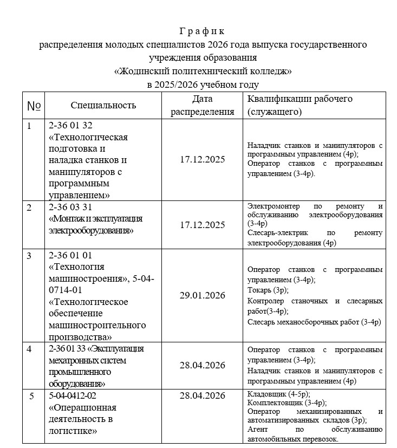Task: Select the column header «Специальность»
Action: coord(103,105)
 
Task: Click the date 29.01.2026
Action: coord(203,295)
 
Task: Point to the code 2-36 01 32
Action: coord(71,126)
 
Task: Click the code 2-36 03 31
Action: coord(71,207)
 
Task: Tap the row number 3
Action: coord(29,256)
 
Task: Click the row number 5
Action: coord(31,396)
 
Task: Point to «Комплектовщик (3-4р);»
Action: coord(286,402)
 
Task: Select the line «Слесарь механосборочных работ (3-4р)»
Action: coord(314,322)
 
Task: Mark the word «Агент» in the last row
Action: coord(258,429)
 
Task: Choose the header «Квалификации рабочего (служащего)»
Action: coord(300,105)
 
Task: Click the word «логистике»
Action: coord(73,431)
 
